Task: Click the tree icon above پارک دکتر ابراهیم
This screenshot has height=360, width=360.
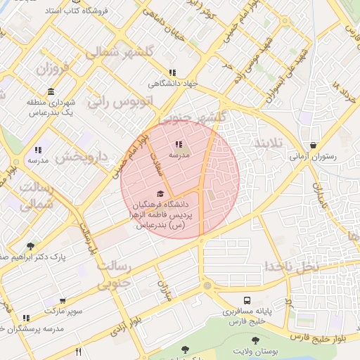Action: (x=30, y=246)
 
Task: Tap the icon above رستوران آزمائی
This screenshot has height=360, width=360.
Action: (x=312, y=145)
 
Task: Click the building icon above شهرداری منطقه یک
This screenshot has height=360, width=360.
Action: (x=51, y=92)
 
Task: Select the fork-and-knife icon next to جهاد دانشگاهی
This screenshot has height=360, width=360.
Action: (x=172, y=72)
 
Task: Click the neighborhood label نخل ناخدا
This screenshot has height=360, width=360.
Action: (x=291, y=266)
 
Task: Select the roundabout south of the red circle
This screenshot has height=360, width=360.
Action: (x=206, y=286)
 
